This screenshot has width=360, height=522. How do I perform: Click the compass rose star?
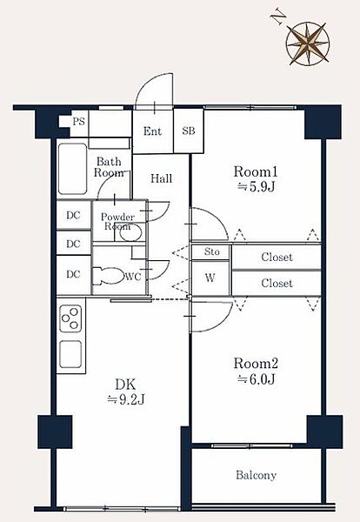click(x=308, y=43)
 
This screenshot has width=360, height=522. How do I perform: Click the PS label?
click(x=79, y=122)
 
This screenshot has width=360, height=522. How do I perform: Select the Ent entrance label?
click(x=152, y=131)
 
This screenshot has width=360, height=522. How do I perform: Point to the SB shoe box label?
click(x=189, y=130)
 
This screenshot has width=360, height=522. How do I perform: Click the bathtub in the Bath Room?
click(x=72, y=169)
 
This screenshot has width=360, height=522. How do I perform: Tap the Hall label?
click(x=162, y=178)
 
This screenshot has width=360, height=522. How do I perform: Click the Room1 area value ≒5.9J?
click(x=256, y=187)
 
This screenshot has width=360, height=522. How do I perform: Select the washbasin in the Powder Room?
click(x=130, y=232)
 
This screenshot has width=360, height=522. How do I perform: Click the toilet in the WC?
click(x=108, y=276)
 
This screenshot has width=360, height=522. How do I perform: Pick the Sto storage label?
click(x=211, y=251)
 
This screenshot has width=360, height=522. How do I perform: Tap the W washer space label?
click(x=210, y=278)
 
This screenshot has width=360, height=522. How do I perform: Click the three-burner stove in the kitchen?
click(x=70, y=318)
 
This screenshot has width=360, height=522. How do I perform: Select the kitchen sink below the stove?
click(x=70, y=354)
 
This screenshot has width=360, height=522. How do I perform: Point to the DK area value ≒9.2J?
click(x=126, y=399)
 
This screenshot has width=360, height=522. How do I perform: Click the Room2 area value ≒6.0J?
click(x=256, y=379)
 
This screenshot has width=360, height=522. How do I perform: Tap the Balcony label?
click(x=257, y=475)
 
